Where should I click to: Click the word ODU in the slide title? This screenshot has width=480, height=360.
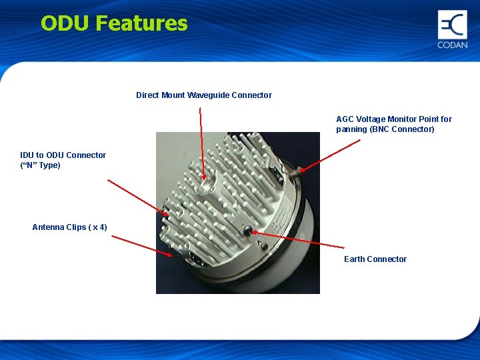65,23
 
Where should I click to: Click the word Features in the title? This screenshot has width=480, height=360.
141,23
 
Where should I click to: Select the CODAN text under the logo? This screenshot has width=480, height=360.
452,45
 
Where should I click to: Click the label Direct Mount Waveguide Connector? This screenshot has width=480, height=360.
203,95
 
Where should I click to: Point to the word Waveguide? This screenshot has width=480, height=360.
208,95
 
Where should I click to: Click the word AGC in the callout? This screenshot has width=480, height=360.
345,119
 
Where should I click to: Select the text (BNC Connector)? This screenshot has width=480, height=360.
403,129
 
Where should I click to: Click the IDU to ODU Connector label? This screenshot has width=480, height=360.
63,155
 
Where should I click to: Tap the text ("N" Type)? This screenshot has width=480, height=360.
40,165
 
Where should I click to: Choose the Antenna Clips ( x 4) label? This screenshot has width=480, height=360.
69,227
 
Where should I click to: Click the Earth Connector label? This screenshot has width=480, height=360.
375,259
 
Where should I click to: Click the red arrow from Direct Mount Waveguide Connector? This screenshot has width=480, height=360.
201,143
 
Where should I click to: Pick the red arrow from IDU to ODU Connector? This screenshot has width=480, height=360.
137,197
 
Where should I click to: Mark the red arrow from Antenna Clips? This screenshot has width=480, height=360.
140,244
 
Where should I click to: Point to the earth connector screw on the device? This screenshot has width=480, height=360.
248,231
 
